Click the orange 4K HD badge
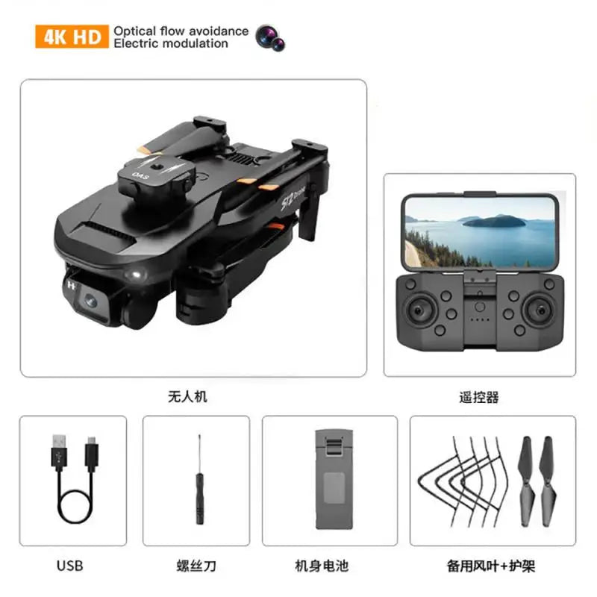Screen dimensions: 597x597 click(x=72, y=37)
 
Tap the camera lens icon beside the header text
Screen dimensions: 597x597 click(x=270, y=38)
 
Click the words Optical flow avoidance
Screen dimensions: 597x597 click(x=181, y=31)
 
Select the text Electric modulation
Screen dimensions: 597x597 click(x=171, y=43)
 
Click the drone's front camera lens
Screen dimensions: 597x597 click(x=91, y=301)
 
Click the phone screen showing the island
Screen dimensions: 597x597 click(x=480, y=232)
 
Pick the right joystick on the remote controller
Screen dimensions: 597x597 click(x=540, y=310)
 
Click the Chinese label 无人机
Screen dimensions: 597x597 click(x=187, y=397)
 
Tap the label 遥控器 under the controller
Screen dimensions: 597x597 click(x=479, y=397)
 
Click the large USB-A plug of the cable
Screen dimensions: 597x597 click(x=59, y=453)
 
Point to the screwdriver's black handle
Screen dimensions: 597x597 click(x=199, y=498)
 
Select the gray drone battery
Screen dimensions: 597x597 click(x=334, y=479)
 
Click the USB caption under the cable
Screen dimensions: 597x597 click(x=69, y=566)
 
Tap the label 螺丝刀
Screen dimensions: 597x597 click(x=196, y=566)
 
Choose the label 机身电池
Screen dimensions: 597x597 click(x=322, y=566)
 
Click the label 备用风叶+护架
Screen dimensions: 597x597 click(x=491, y=566)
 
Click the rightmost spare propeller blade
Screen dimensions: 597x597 click(x=548, y=481)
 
